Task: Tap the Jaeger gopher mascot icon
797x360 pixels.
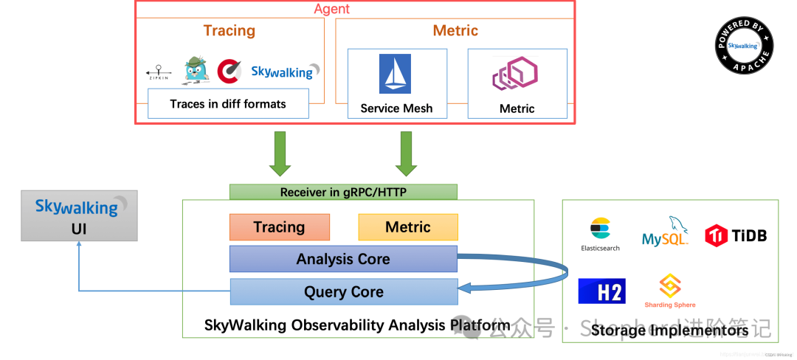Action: click(195, 70)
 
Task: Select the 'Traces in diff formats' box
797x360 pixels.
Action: click(228, 103)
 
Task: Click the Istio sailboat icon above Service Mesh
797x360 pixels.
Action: click(395, 74)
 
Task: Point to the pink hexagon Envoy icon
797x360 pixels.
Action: click(515, 75)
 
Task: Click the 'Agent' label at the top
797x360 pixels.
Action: click(331, 9)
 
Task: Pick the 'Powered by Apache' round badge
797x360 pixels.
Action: click(745, 45)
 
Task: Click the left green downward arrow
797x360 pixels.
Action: click(280, 153)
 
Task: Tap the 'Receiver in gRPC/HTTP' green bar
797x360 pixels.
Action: click(343, 192)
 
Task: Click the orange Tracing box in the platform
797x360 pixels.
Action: click(278, 227)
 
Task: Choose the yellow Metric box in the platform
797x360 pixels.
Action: click(407, 227)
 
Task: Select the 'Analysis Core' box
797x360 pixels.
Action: click(343, 259)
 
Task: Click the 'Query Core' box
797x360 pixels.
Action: click(343, 291)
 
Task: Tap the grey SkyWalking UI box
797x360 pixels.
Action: click(79, 215)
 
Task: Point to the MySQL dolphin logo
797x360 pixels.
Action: click(666, 231)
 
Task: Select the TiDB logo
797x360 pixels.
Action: click(736, 235)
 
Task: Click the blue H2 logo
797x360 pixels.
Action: click(601, 291)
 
